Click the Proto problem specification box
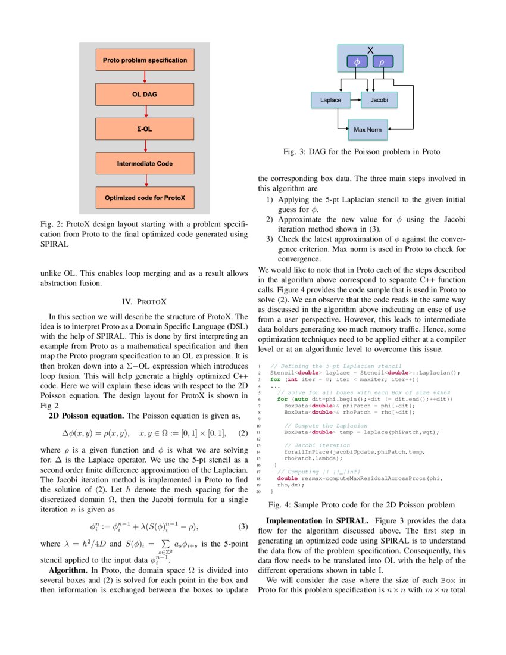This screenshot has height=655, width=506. [145, 60]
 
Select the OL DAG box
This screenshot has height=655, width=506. [145, 95]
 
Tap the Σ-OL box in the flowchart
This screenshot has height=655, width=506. [145, 129]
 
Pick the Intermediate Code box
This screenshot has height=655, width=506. [145, 163]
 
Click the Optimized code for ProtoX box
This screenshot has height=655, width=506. [145, 198]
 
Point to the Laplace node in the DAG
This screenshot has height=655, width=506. [330, 100]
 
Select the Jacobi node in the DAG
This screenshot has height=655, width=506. [379, 100]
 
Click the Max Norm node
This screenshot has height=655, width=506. [367, 129]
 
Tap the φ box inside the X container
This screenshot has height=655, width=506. [357, 61]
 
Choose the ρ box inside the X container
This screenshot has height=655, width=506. [382, 61]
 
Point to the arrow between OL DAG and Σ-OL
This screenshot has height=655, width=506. [145, 112]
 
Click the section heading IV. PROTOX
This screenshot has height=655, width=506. [144, 301]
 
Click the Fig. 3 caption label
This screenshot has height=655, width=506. [297, 152]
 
